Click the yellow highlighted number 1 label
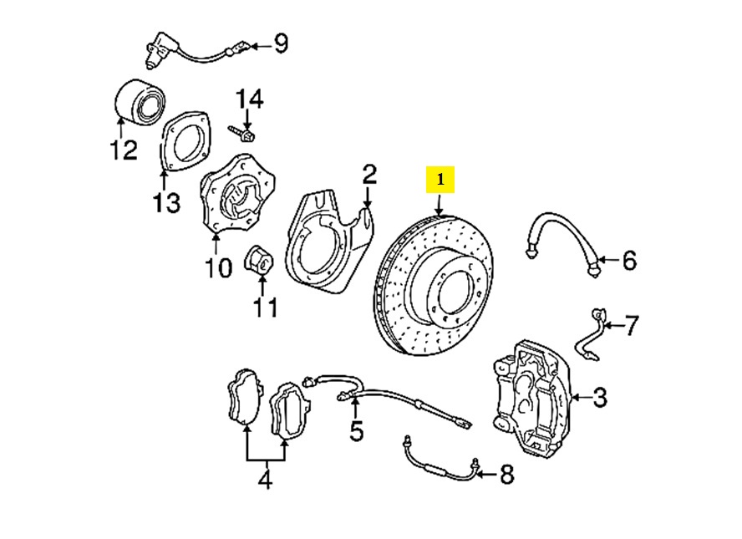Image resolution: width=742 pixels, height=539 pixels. pos(440,179)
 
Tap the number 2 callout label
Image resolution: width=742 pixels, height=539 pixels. pos(369,175)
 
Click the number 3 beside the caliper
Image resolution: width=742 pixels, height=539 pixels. pos(600,398)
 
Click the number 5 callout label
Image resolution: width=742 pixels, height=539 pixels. pos(357,431)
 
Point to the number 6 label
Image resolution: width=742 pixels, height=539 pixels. pos(628,261)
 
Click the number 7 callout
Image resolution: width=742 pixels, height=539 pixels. pos(632,323)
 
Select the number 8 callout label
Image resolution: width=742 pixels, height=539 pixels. pos(506,475)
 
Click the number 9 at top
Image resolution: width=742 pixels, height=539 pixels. pos(280,42)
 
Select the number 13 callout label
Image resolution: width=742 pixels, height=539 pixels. pos(166,203)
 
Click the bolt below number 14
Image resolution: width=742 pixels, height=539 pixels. pos(243,132)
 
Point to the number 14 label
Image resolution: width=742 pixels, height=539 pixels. pos(248,100)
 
